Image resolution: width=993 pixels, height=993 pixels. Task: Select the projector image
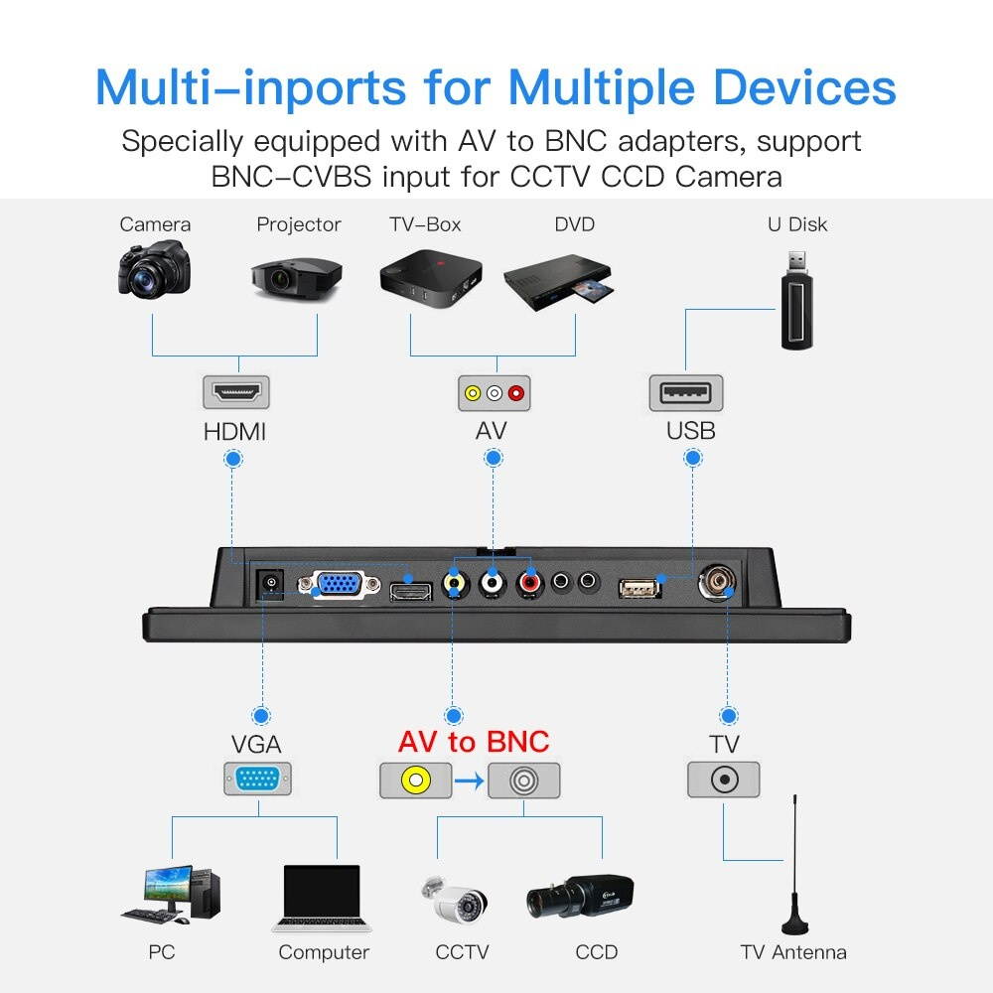(x=296, y=277)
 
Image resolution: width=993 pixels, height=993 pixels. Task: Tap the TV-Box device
(x=431, y=279)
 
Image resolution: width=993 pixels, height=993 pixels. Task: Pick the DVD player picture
(x=558, y=281)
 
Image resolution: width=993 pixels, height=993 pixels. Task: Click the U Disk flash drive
(x=796, y=301)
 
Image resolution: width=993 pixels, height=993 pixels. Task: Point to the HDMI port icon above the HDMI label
(x=236, y=392)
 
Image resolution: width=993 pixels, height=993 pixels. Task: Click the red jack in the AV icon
(x=516, y=393)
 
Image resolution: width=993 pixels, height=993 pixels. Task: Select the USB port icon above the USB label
(x=686, y=392)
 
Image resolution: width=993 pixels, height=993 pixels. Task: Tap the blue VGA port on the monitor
(x=340, y=584)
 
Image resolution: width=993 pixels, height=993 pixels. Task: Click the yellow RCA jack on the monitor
(x=455, y=581)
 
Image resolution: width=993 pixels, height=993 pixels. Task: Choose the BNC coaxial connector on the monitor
(x=717, y=581)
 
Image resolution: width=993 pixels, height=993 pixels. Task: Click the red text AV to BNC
(x=474, y=742)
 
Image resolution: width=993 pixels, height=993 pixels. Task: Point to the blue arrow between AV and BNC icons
(x=470, y=780)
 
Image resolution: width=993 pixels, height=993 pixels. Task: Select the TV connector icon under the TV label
(x=724, y=780)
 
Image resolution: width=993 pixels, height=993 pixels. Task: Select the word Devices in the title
(x=804, y=87)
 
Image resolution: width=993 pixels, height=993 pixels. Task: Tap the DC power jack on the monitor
(x=271, y=583)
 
